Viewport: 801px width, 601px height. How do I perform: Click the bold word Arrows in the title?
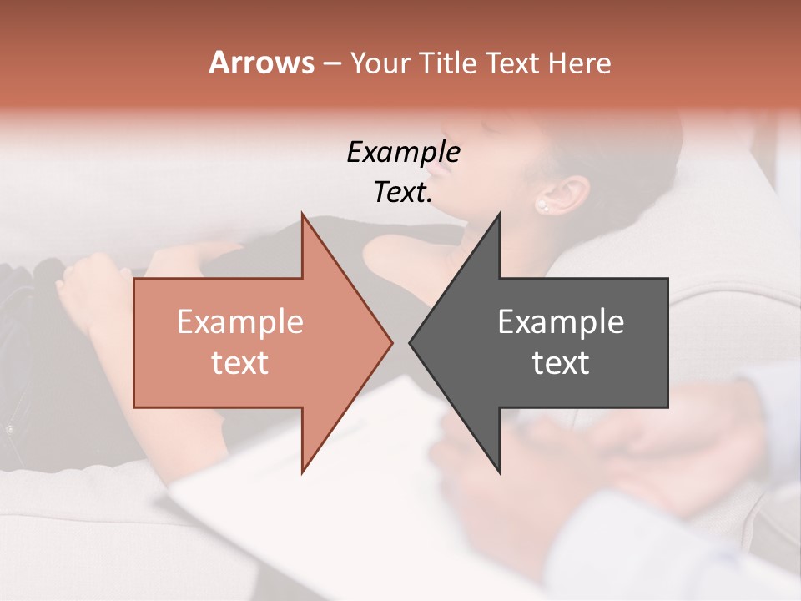coord(261,63)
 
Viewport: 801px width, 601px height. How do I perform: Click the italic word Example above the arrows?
coord(403,152)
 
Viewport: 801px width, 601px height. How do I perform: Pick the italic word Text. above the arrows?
coord(403,192)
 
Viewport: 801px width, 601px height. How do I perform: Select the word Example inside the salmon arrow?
coord(240,321)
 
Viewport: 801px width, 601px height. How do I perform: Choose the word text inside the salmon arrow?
coord(240,362)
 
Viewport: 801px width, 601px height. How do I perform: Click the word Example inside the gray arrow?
coord(561,321)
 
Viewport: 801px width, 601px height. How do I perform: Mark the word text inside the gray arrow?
coord(561,362)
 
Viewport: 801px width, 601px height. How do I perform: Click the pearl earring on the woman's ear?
coord(542,205)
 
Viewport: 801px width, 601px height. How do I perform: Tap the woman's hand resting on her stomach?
coord(88,288)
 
